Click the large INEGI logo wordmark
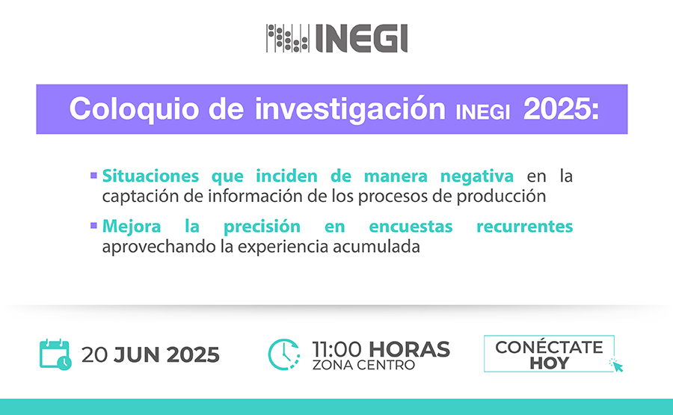361,38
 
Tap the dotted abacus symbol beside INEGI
288,38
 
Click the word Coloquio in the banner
135,109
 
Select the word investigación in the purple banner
350,109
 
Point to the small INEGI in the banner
483,112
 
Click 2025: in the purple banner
561,109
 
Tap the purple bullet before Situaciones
93,175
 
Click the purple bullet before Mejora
93,225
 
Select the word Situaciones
150,176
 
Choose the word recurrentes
524,227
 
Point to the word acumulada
376,247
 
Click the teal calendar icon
55,354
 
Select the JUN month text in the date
137,355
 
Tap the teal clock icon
283,354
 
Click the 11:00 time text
337,349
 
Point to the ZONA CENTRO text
363,365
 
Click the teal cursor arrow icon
616,365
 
